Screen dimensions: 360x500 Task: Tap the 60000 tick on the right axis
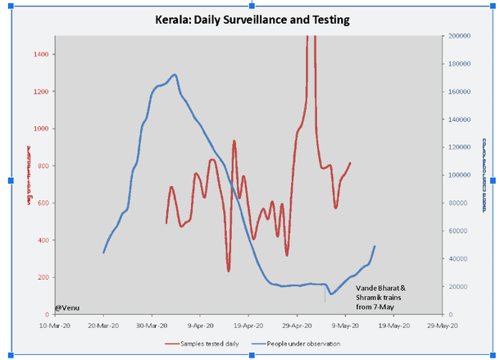(459, 231)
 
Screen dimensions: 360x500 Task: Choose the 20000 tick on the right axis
(459, 286)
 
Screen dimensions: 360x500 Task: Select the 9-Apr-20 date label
(200, 326)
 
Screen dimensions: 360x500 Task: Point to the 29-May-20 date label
(443, 326)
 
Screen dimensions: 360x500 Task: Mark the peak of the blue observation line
(175, 75)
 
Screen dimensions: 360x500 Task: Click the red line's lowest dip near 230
(229, 270)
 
